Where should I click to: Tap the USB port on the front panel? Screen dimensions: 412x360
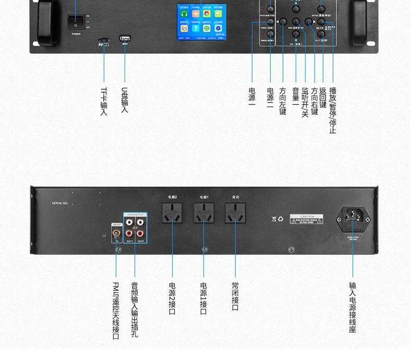(125, 38)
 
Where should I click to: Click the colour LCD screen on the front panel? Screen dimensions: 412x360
(201, 22)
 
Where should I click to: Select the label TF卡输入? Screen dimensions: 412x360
(104, 101)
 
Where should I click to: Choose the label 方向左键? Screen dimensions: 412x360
(283, 101)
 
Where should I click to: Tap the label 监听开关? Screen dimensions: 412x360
(305, 102)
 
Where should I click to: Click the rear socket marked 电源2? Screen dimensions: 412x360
(172, 213)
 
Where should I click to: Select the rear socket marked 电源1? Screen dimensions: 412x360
(204, 213)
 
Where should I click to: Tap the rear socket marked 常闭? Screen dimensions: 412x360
(235, 213)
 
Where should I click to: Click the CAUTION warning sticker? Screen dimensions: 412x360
(307, 219)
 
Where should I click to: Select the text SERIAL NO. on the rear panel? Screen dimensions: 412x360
(60, 203)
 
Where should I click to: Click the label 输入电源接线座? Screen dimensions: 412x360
(353, 307)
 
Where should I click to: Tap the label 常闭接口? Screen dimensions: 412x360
(235, 297)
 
